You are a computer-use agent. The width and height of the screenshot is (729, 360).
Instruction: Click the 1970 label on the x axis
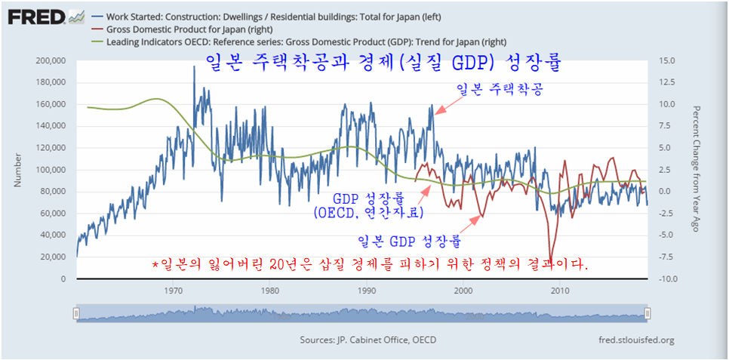174,291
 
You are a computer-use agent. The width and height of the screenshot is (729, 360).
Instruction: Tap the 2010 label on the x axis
560,291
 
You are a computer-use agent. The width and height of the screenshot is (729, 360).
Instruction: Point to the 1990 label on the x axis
367,291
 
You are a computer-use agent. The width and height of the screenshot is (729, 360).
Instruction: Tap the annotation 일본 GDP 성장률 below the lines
408,242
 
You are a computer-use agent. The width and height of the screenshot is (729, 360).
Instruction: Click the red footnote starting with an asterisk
370,265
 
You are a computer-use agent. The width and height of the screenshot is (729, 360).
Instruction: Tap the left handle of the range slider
76,312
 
